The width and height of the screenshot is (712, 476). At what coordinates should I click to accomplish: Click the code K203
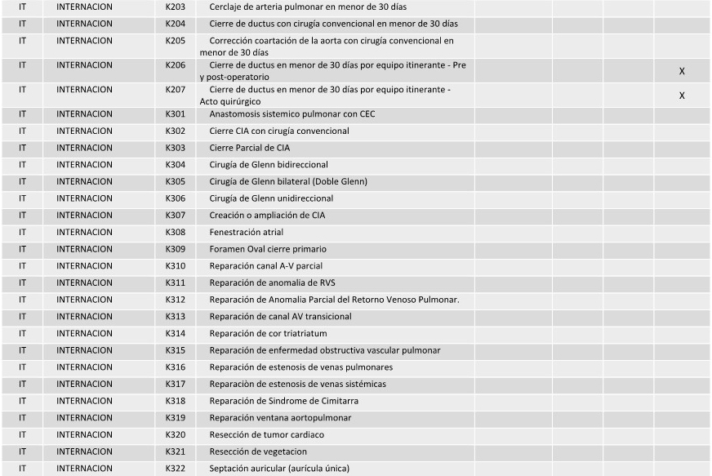[175, 7]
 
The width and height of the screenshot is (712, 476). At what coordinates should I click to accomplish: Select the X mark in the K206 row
[682, 71]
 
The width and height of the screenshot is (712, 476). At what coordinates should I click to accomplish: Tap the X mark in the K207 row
[682, 96]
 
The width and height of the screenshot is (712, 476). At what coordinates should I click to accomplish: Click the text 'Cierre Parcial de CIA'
[249, 148]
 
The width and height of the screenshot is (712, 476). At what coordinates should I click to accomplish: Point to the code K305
[175, 181]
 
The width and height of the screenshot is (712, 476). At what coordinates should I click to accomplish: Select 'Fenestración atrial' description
[246, 232]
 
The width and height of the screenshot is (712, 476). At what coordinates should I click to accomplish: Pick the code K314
[175, 333]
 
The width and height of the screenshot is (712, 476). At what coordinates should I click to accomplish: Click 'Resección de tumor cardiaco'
[266, 434]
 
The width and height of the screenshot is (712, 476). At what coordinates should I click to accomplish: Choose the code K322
[175, 469]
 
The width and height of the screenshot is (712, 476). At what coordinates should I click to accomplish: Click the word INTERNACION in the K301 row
[85, 114]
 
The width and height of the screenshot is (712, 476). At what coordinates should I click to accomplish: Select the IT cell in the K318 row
[22, 401]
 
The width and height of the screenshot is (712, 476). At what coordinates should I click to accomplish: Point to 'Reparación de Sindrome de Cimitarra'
[283, 401]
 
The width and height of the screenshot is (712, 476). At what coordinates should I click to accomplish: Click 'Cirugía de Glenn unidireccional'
[271, 198]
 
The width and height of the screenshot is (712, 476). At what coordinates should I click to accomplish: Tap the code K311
[175, 282]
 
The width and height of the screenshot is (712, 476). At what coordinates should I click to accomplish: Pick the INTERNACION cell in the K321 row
[85, 452]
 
